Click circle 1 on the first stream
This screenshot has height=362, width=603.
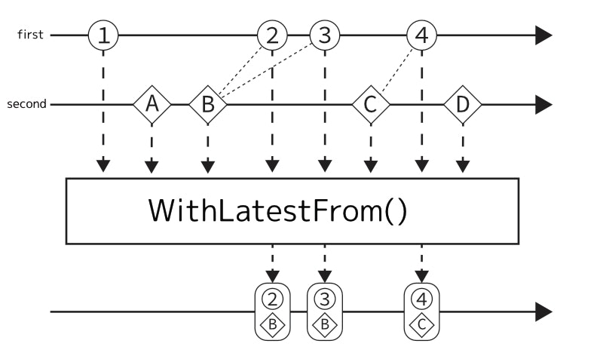(103, 35)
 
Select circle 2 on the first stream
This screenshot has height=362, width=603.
(273, 35)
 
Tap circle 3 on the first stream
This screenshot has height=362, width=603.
(325, 35)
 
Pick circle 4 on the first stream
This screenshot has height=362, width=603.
(421, 35)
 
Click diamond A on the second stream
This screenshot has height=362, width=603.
(152, 105)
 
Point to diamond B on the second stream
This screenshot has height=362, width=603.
(208, 105)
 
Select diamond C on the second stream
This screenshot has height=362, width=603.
(370, 105)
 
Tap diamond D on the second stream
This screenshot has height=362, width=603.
(462, 105)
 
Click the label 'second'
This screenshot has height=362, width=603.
(26, 105)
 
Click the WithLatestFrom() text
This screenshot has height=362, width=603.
(277, 211)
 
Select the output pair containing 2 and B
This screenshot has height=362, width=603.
(273, 311)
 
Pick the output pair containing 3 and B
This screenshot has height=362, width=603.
(325, 311)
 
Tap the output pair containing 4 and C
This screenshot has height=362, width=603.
(421, 311)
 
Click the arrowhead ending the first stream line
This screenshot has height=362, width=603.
(543, 35)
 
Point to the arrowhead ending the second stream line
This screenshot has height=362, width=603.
(543, 105)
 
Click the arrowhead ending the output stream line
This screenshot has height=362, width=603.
(543, 311)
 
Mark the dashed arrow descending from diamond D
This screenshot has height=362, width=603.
(462, 147)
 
